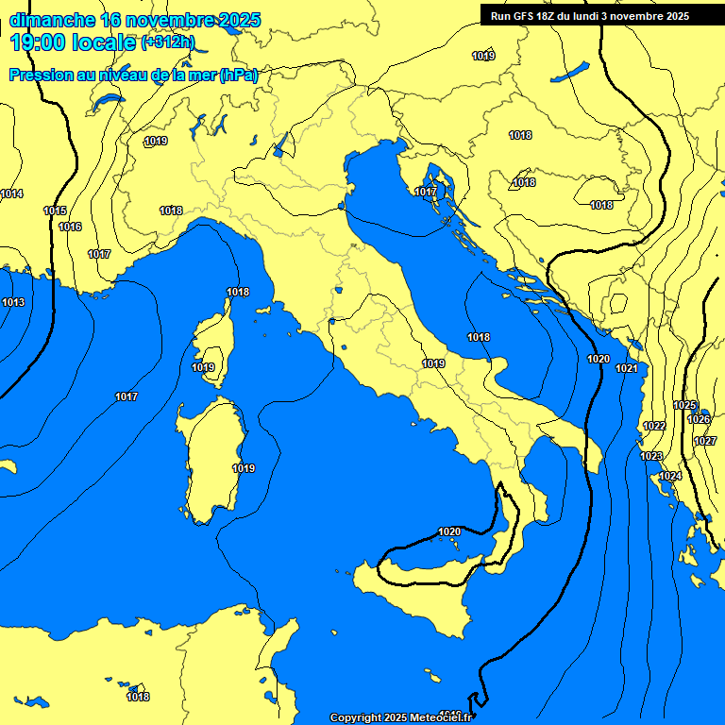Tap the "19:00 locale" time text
click(x=73, y=42)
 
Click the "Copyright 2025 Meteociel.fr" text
click(x=400, y=717)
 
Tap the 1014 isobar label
click(x=11, y=194)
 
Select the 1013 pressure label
click(x=13, y=302)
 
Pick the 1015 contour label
click(x=55, y=211)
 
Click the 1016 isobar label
click(x=70, y=227)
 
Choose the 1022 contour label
click(x=654, y=426)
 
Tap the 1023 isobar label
click(x=651, y=456)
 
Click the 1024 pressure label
click(x=670, y=476)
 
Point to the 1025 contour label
click(x=684, y=405)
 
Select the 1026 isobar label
click(x=699, y=419)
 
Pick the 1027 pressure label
click(x=705, y=441)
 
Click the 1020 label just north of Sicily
click(x=449, y=531)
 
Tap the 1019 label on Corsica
click(x=203, y=367)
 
